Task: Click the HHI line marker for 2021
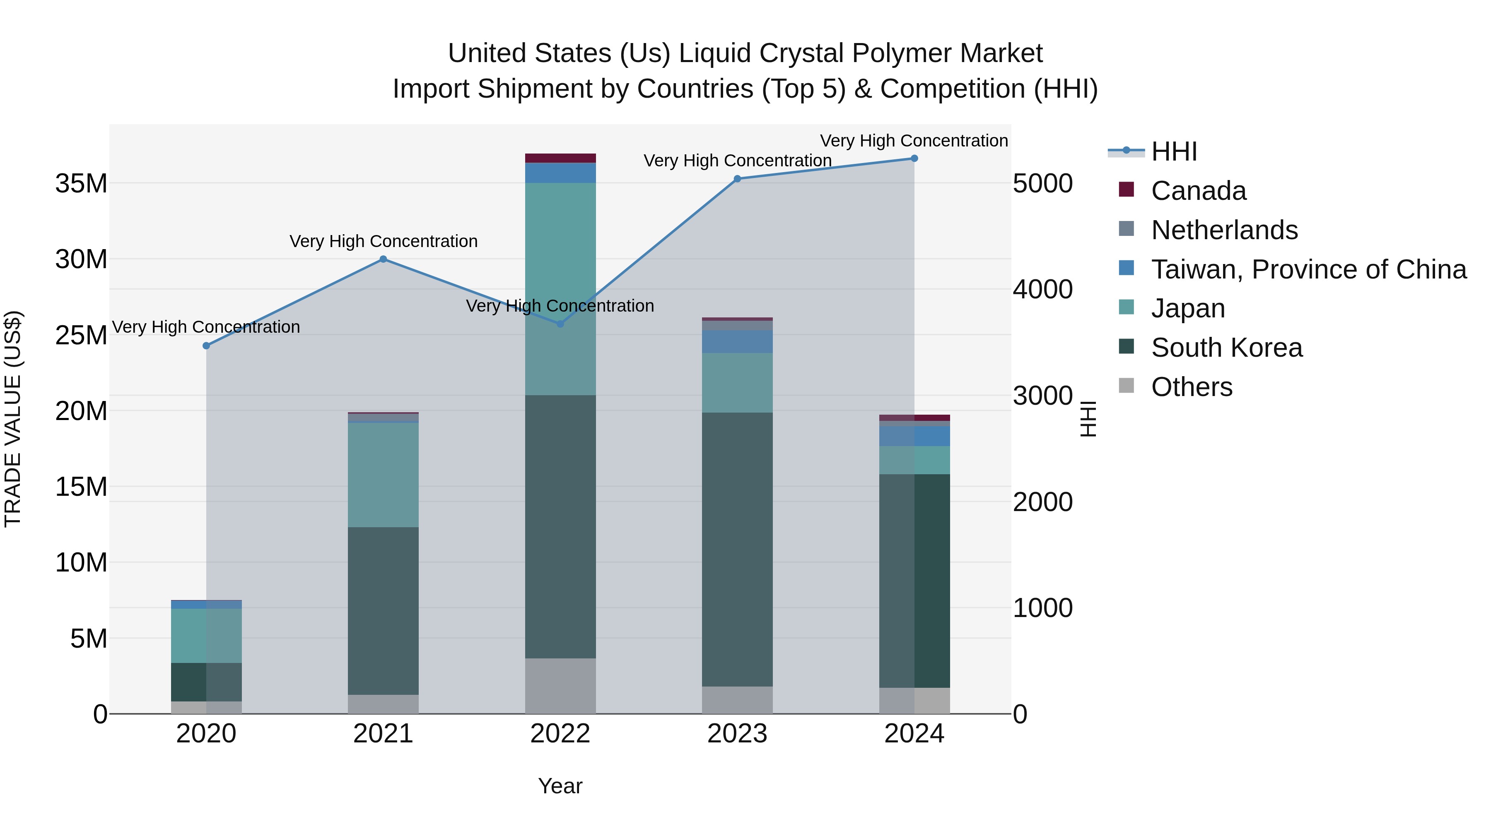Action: click(383, 259)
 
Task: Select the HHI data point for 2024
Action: click(914, 158)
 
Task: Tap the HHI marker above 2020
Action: click(206, 345)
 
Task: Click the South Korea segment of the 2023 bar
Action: click(737, 550)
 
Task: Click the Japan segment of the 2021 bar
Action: click(383, 474)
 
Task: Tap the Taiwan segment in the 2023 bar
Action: click(737, 341)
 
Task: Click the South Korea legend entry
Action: click(1226, 348)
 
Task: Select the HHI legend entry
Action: click(1173, 151)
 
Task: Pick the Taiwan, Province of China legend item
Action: click(1308, 269)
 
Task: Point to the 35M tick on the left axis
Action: click(81, 183)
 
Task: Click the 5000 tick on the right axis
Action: click(1042, 183)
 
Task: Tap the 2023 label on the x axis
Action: click(737, 733)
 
